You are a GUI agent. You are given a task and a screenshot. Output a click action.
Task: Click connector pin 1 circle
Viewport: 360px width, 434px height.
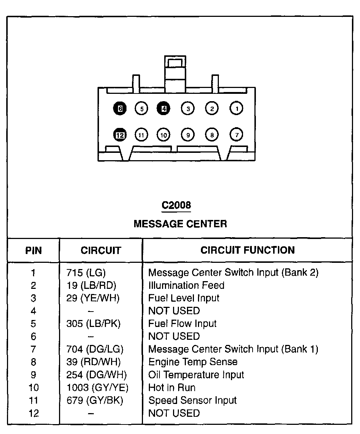coord(237,108)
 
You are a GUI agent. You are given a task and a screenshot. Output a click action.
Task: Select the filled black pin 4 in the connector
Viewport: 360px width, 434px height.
coord(164,108)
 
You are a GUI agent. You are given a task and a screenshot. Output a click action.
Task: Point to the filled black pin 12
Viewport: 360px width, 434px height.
coord(120,135)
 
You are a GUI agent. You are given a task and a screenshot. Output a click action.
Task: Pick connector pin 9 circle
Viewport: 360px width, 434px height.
coord(188,135)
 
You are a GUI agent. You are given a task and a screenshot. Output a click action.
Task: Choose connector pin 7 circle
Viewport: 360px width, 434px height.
coord(237,135)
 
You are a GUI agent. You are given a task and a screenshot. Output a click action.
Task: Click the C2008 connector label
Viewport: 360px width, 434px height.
coord(176,205)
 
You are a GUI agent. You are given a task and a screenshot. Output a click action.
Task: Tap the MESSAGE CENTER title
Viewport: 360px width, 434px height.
coord(180,224)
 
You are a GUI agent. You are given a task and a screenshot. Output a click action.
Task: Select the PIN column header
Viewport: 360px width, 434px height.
coord(33,251)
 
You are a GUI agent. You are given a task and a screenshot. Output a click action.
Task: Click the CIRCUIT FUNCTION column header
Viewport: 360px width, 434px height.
coord(247,250)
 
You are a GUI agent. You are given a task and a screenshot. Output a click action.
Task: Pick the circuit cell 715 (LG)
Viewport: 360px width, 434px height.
coord(86,273)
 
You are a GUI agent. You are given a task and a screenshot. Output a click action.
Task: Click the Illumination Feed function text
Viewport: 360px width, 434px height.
coord(186,285)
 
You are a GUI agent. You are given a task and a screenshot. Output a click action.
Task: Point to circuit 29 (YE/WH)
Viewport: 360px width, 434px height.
coord(93,298)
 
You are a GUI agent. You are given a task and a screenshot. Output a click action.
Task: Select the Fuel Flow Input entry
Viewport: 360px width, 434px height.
coord(182,324)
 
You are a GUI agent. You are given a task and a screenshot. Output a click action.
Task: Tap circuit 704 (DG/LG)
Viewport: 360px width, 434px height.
coord(95,349)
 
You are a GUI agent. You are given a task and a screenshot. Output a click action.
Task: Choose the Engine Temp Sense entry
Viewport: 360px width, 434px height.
coord(193,362)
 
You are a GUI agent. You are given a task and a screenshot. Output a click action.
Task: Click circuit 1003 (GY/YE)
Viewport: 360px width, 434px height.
coord(98,388)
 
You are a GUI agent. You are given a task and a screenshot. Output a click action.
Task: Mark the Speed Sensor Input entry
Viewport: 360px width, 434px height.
coord(192,401)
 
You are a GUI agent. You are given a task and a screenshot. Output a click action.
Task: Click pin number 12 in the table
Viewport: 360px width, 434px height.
coord(33,413)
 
